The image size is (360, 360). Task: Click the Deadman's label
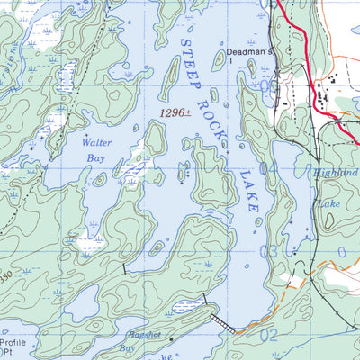(x=248, y=52)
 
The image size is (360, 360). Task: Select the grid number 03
(x=269, y=253)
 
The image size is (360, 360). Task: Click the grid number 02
(x=269, y=336)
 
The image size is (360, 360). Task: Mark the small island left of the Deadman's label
(x=218, y=60)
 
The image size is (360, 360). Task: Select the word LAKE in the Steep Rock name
(x=248, y=190)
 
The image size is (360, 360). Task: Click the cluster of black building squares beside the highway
(x=322, y=89)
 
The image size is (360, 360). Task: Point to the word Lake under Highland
(x=326, y=204)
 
